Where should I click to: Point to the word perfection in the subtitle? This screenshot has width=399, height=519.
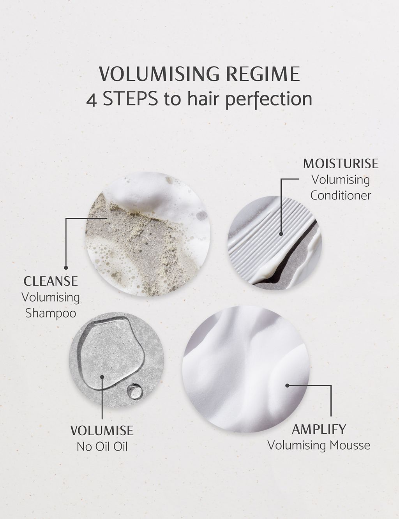[x=268, y=99]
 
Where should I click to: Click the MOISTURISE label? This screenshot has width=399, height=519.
[x=341, y=163]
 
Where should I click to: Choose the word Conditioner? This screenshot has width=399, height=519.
[x=341, y=195]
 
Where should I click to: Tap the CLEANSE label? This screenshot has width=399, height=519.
[x=51, y=281]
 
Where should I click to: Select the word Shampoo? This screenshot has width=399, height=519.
[x=51, y=313]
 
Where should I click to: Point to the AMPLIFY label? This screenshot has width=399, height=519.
[x=319, y=429]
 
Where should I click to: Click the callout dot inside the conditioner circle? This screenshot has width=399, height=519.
[x=281, y=235]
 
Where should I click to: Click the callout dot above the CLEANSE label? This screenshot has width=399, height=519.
[x=66, y=267]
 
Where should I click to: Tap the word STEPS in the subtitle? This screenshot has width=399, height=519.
[x=129, y=99]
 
